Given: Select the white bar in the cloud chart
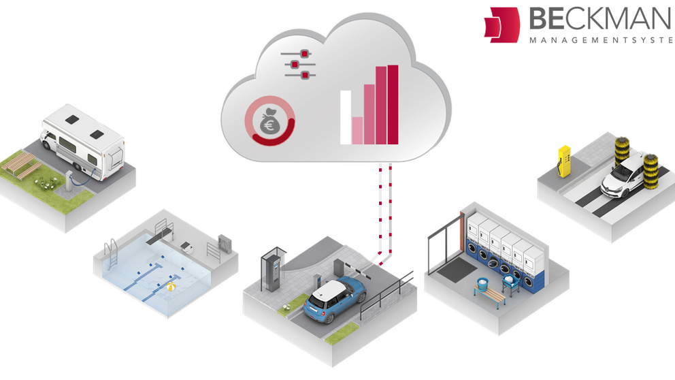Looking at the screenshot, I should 345,116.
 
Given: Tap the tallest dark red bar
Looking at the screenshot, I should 392,105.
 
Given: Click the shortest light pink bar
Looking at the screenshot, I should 357,130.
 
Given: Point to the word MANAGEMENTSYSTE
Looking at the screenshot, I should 602,40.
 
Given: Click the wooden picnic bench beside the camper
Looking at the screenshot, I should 18,164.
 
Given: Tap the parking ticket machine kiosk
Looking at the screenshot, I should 272,270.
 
